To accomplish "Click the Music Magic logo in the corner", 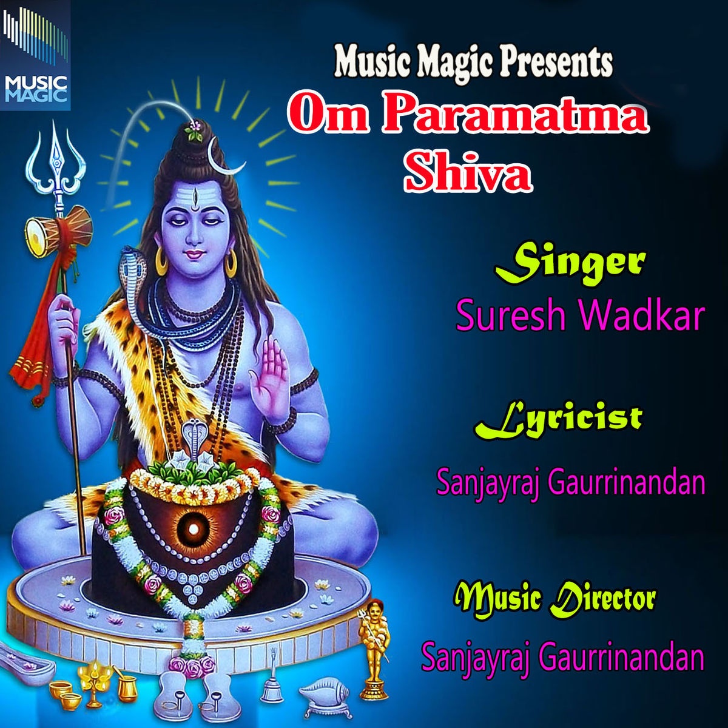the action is [x=35, y=55].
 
